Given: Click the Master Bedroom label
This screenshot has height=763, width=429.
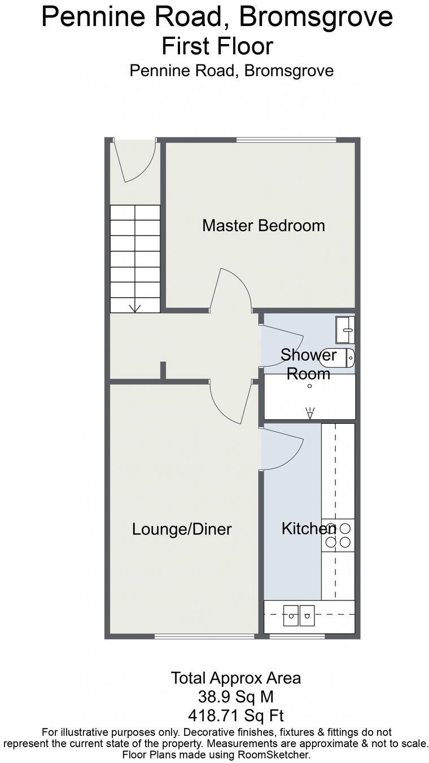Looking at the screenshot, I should tap(264, 226).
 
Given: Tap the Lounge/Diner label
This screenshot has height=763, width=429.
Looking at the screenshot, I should tap(182, 529).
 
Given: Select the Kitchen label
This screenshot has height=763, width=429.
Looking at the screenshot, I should tap(308, 529).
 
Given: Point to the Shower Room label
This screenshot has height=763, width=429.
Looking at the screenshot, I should tap(308, 364).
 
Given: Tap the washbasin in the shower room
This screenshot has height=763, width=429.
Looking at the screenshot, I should tap(345, 330).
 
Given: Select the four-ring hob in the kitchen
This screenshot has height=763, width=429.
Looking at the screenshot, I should tap(338, 535).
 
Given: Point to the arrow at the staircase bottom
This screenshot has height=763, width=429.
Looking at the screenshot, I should tap(135, 308).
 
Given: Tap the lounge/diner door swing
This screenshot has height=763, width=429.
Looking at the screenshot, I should tap(230, 402).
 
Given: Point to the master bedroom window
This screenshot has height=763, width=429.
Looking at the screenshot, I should tap(286, 139).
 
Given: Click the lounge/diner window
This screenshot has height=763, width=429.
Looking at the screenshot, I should tap(204, 637).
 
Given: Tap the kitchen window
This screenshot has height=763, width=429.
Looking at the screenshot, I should tap(297, 637).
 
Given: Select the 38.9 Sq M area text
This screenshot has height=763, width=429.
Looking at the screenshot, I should tap(236, 697).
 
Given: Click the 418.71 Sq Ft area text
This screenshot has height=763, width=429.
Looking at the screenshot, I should tap(236, 716).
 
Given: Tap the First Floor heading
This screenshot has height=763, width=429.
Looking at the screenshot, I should tap(217, 46).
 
